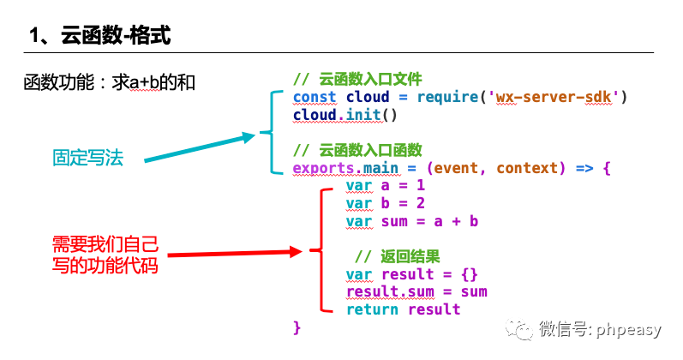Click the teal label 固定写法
[88, 158]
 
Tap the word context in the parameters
[527, 168]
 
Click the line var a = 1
[386, 186]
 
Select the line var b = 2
[386, 203]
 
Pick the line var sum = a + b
[412, 221]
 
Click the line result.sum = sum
[416, 291]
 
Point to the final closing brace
[297, 327]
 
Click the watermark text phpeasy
[629, 328]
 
